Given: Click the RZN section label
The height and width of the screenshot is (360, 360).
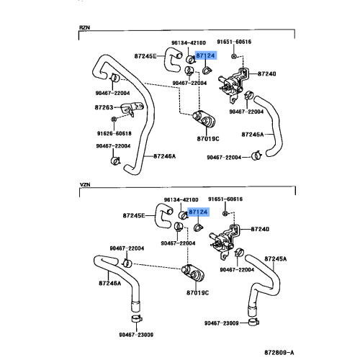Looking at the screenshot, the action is click(84, 27).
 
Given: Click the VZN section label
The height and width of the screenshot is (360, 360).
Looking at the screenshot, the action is click(85, 184).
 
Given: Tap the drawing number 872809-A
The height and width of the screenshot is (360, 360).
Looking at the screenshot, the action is click(279, 352).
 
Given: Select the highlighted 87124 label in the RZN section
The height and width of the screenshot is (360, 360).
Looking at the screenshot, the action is click(205, 55).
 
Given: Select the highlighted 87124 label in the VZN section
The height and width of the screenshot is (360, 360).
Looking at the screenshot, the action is click(198, 212).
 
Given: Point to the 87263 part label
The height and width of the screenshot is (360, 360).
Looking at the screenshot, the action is click(104, 107).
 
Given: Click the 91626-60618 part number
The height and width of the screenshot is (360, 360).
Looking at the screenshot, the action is click(114, 133).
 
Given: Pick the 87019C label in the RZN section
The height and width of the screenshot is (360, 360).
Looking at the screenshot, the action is click(208, 139).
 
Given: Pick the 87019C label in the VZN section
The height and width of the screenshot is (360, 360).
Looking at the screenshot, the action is click(197, 293).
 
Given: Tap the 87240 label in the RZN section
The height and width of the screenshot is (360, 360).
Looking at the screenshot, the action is click(267, 73).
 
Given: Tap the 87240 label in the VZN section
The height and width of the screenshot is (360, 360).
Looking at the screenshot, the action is click(260, 229).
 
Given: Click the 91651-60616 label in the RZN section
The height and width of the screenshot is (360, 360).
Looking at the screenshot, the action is click(234, 42).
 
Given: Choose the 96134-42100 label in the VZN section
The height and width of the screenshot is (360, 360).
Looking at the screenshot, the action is click(181, 199).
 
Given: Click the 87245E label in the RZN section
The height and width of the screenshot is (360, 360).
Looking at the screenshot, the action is click(145, 56).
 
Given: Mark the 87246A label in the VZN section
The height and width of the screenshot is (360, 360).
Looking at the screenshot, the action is click(110, 283).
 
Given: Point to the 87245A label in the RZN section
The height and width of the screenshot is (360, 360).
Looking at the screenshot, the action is click(253, 135).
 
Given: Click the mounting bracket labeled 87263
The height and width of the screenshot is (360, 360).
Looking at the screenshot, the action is click(132, 109).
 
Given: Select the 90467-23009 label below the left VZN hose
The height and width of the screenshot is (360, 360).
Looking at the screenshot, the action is click(136, 335).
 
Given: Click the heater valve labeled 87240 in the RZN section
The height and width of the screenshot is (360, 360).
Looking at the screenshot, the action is click(233, 83).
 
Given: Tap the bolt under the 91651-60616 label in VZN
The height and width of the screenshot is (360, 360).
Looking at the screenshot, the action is click(225, 213).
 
